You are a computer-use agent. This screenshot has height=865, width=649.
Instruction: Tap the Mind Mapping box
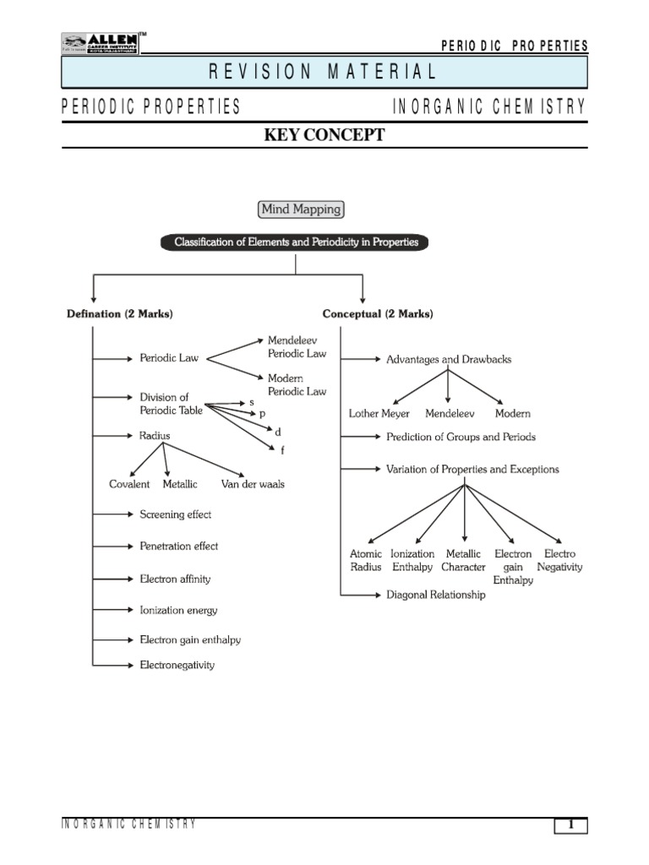pyautogui.click(x=300, y=209)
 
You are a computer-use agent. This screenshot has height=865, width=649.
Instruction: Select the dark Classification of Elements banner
pyautogui.click(x=296, y=242)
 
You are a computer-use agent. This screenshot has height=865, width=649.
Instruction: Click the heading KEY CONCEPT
pyautogui.click(x=324, y=135)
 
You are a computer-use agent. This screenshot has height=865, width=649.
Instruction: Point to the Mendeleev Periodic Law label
pyautogui.click(x=297, y=347)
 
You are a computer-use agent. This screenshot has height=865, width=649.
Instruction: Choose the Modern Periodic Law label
pyautogui.click(x=297, y=385)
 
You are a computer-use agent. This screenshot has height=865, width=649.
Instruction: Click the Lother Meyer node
pyautogui.click(x=379, y=414)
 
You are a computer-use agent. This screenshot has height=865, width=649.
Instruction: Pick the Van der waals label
pyautogui.click(x=253, y=484)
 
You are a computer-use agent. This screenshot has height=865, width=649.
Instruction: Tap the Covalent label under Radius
pyautogui.click(x=129, y=484)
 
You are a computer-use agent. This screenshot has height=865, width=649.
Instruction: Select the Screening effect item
pyautogui.click(x=175, y=514)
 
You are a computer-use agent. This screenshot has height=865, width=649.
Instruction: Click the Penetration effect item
pyautogui.click(x=178, y=547)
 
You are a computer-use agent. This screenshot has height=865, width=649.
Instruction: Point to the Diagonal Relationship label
pyautogui.click(x=436, y=595)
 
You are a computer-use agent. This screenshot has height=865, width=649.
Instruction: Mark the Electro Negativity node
pyautogui.click(x=559, y=561)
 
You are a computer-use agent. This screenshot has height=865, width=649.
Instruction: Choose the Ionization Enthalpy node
pyautogui.click(x=412, y=561)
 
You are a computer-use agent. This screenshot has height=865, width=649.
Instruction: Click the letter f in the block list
pyautogui.click(x=282, y=450)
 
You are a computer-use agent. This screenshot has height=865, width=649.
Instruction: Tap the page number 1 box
pyautogui.click(x=570, y=826)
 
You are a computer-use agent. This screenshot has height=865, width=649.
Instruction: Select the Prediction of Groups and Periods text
pyautogui.click(x=461, y=438)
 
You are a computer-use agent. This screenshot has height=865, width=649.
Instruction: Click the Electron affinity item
pyautogui.click(x=175, y=579)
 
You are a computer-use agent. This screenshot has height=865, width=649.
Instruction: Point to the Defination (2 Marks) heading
pyautogui.click(x=120, y=314)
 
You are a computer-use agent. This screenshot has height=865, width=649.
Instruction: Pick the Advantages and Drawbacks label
pyautogui.click(x=448, y=359)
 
